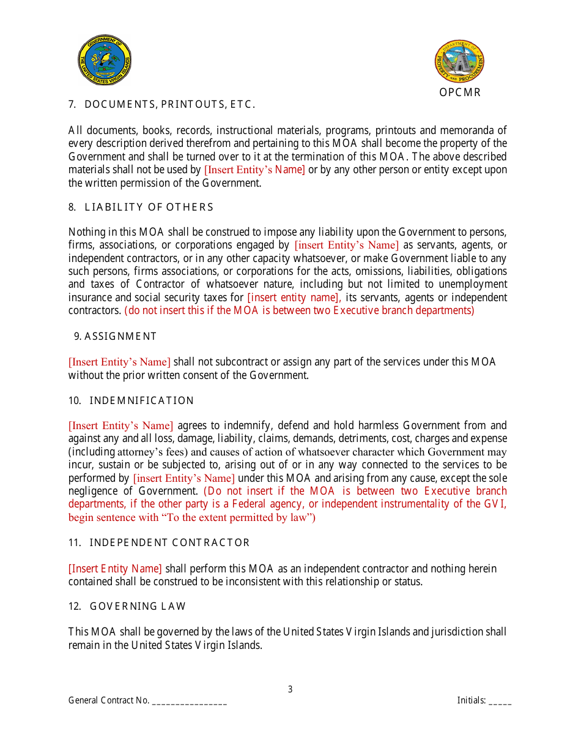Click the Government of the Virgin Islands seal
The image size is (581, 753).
(x=105, y=59)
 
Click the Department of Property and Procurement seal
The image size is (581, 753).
(x=459, y=62)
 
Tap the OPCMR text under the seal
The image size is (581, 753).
(x=459, y=92)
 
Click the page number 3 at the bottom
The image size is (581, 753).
(x=290, y=689)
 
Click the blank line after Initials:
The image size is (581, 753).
(x=500, y=701)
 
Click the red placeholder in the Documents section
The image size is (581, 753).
(x=254, y=170)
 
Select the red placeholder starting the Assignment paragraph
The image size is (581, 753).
(x=119, y=362)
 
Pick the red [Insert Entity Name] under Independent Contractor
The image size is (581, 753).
(x=115, y=569)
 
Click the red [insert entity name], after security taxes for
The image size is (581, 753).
(x=294, y=298)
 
